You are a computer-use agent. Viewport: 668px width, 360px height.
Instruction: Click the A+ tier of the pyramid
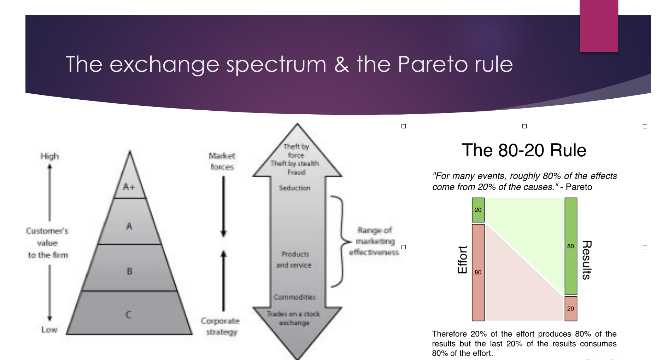click(x=129, y=187)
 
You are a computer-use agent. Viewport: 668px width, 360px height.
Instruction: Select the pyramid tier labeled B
click(x=129, y=271)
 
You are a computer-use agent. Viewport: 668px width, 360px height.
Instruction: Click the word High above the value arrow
click(x=49, y=156)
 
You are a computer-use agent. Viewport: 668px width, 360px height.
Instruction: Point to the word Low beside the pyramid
click(x=49, y=330)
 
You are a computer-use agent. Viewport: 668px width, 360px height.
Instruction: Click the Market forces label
click(x=222, y=161)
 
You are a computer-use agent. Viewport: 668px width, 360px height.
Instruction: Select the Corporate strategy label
click(x=221, y=326)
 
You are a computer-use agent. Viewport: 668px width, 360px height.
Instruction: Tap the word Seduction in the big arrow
click(x=294, y=188)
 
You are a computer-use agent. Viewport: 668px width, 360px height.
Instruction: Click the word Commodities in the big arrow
click(x=294, y=297)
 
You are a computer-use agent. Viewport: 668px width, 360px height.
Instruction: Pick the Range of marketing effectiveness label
click(x=374, y=241)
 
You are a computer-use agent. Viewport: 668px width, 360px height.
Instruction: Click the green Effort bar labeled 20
click(x=478, y=210)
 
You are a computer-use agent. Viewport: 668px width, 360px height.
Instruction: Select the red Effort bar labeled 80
click(x=478, y=272)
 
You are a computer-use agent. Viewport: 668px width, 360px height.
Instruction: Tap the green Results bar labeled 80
click(x=570, y=246)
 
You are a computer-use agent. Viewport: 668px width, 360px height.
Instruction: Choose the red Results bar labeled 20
click(x=570, y=309)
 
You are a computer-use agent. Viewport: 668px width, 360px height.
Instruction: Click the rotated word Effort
click(x=462, y=260)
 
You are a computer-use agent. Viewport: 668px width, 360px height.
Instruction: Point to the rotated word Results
click(x=586, y=260)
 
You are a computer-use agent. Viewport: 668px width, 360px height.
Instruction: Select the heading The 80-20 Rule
click(x=524, y=150)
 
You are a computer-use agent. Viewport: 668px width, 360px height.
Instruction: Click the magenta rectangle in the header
click(x=599, y=26)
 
